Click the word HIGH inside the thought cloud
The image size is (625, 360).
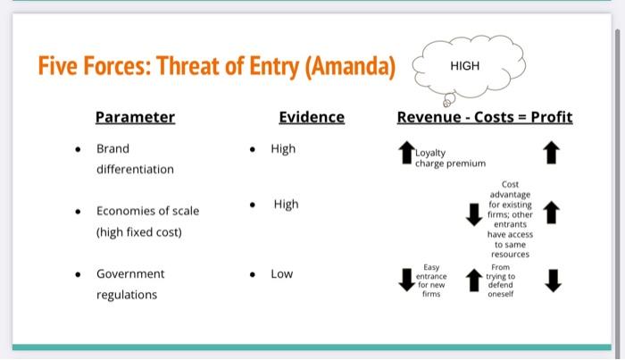(464, 65)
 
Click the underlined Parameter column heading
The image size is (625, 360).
(135, 117)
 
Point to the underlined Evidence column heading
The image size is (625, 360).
(311, 117)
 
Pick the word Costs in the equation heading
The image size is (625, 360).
(495, 117)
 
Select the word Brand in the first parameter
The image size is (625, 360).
(112, 148)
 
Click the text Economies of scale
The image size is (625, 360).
(147, 211)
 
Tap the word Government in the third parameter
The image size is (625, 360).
(130, 273)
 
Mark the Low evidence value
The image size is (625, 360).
(281, 273)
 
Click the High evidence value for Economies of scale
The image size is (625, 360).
(286, 205)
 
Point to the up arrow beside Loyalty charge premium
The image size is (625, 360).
(405, 152)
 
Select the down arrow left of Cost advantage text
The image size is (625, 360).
(474, 214)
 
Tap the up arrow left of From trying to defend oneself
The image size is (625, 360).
(474, 280)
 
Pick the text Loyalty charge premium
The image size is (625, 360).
(450, 158)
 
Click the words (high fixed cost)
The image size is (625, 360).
(138, 232)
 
